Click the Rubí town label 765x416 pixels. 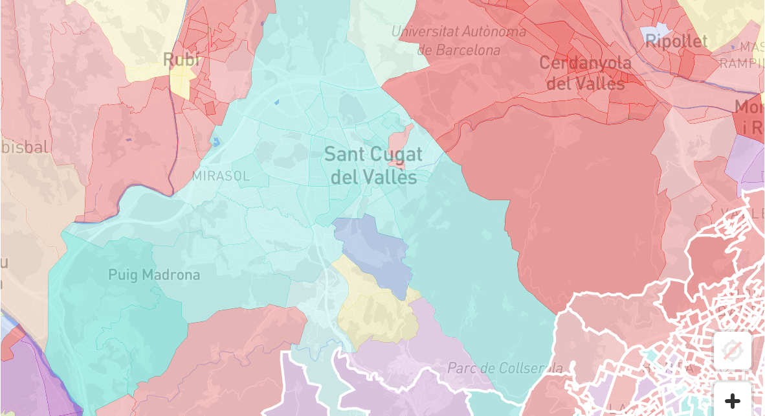(181, 60)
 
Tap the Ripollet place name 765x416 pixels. (676, 41)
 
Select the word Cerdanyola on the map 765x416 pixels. (584, 63)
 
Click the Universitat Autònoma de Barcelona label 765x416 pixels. (459, 40)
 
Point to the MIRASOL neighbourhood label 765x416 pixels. (221, 176)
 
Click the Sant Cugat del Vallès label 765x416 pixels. (373, 165)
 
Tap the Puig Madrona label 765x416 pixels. (154, 275)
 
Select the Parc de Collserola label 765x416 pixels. (505, 368)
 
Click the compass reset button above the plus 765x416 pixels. (733, 351)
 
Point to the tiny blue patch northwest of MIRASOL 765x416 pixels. (216, 142)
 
